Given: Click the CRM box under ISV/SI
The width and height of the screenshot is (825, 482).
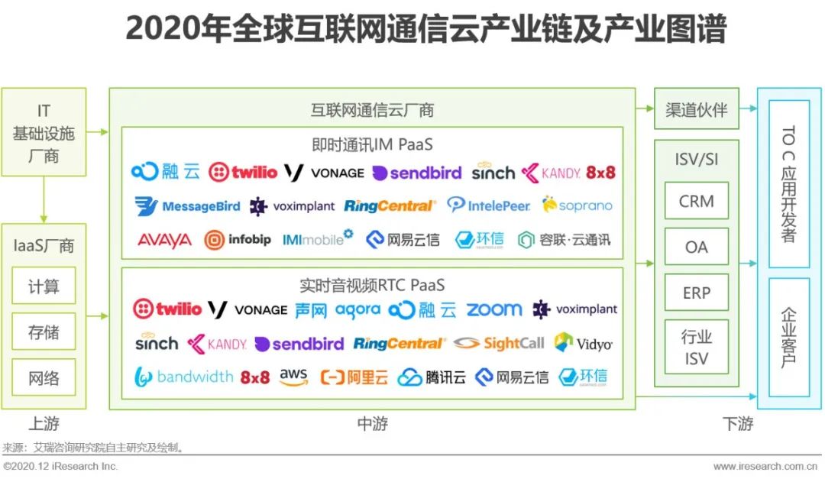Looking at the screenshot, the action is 696,200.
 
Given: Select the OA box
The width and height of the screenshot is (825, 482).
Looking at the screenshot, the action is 696,246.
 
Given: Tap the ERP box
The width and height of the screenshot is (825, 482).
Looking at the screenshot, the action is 696,292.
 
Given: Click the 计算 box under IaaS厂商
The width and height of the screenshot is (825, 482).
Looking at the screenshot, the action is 44,286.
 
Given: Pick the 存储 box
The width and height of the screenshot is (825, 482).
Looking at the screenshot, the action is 44,332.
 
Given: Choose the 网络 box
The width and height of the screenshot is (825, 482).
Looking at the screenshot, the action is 44,377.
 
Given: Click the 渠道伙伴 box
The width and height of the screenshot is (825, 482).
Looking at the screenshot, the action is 696,109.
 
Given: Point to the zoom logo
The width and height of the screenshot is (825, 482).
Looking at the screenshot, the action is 494,309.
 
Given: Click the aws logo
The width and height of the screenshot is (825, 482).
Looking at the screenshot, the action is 293,377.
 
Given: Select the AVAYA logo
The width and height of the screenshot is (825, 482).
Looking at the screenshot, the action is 165,240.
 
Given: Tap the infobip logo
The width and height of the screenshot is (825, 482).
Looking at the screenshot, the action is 238,240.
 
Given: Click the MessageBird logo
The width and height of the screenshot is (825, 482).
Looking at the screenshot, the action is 187,205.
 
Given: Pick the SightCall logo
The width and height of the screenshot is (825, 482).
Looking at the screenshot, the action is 499,344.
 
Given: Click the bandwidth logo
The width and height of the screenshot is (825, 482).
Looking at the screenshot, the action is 183,377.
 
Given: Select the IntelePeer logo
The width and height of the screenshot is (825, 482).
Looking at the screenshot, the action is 488,205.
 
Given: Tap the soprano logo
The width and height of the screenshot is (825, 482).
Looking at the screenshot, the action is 577,205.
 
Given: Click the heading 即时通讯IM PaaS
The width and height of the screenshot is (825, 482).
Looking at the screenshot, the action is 372,144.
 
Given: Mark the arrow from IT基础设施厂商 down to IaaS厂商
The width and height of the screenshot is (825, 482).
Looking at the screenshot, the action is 44,199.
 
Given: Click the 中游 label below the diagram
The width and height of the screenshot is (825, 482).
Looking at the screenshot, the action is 373,424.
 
